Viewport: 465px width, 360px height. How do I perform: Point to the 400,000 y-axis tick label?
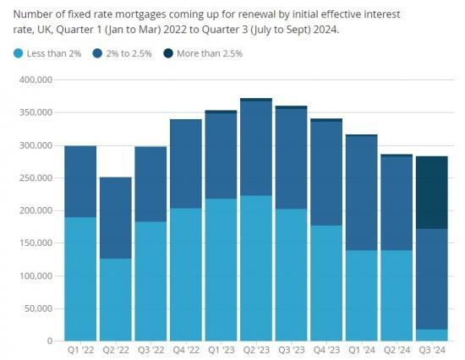click(x=35, y=79)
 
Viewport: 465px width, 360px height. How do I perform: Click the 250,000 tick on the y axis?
click(x=35, y=177)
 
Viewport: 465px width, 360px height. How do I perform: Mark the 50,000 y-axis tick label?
click(x=37, y=308)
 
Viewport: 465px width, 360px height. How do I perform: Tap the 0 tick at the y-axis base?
click(x=50, y=341)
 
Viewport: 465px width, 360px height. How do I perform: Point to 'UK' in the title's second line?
click(x=46, y=30)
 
